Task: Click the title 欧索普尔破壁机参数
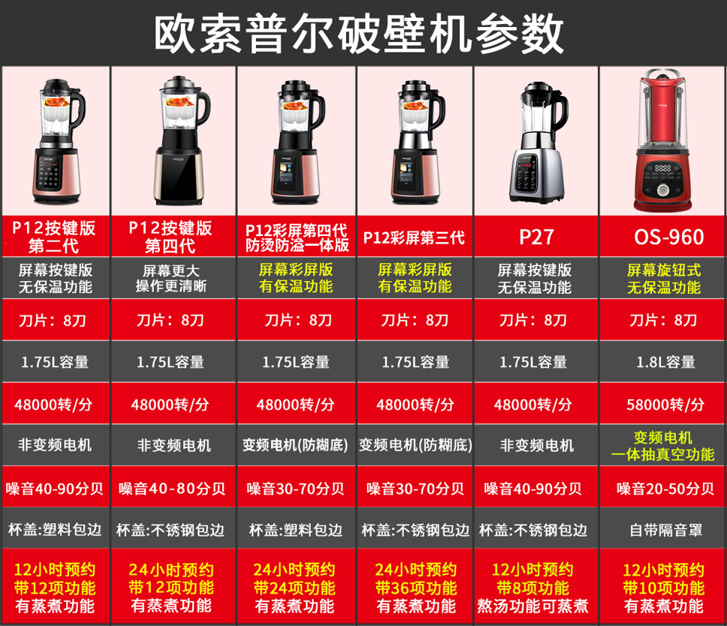click(359, 33)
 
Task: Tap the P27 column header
click(536, 237)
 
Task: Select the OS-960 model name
click(669, 237)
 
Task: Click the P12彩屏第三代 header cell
click(414, 237)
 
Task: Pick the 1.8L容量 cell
click(666, 362)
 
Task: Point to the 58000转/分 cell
click(665, 404)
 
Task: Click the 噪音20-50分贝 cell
click(665, 488)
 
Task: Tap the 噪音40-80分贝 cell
click(172, 488)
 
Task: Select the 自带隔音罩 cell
click(666, 530)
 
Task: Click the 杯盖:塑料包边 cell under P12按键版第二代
click(55, 530)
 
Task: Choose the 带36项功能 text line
click(416, 588)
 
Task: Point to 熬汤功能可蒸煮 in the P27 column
click(532, 606)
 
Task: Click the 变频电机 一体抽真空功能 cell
click(663, 446)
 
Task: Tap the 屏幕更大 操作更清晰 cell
click(171, 278)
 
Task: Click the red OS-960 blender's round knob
click(662, 190)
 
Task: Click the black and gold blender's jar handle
click(204, 109)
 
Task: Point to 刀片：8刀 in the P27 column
click(532, 320)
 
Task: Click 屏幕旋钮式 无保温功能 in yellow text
click(664, 278)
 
